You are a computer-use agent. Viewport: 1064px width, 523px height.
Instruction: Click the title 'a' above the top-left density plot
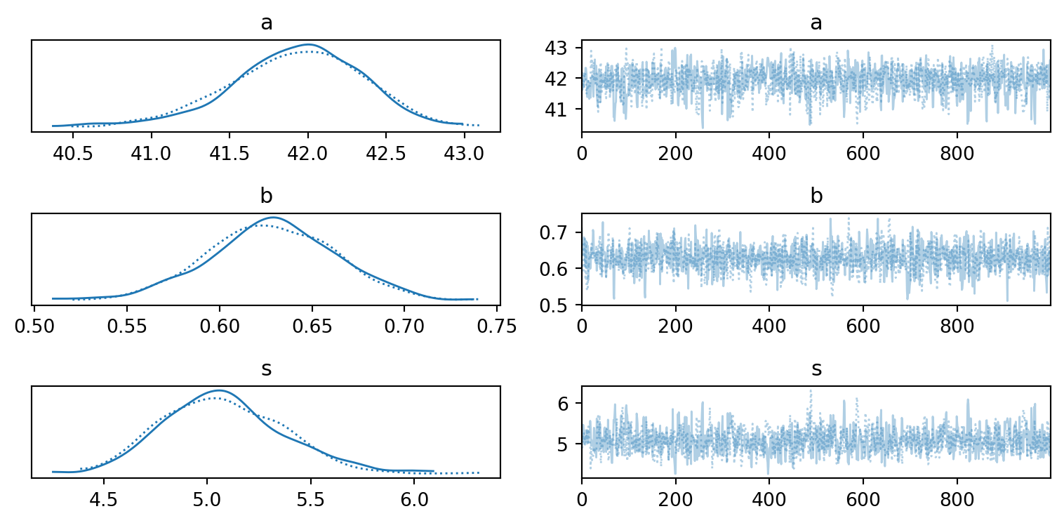(x=266, y=22)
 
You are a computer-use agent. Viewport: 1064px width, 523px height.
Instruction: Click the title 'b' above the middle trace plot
(x=816, y=196)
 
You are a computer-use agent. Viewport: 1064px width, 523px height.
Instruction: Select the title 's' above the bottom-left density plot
(x=266, y=369)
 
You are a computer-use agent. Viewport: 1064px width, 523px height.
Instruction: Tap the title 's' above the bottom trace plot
(x=816, y=369)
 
